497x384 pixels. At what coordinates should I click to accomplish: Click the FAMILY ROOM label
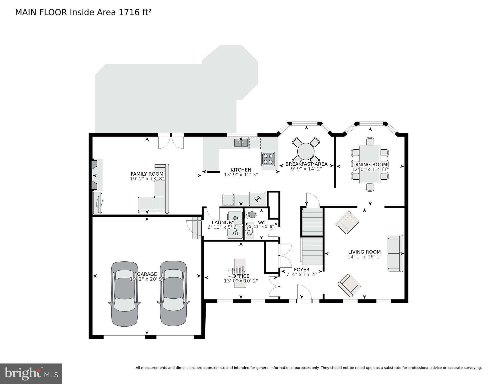click(x=147, y=174)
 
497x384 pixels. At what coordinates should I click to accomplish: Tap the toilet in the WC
click(x=251, y=215)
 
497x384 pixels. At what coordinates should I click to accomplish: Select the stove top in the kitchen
click(x=268, y=159)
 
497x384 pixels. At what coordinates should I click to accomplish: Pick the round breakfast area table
click(x=306, y=151)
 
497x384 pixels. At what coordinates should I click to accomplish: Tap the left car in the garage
click(x=125, y=294)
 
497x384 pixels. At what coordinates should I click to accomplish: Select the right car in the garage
click(x=173, y=294)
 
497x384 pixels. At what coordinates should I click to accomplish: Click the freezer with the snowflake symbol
click(x=257, y=199)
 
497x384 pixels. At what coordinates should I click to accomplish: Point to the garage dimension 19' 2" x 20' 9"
click(x=147, y=279)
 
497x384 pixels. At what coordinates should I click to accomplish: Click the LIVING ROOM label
click(x=364, y=252)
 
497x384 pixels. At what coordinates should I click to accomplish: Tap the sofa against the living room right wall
click(x=395, y=253)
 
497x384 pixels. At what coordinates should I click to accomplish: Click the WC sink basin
click(x=249, y=231)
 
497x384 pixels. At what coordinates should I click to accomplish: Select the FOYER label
click(x=301, y=270)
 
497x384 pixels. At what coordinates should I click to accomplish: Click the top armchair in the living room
click(x=347, y=222)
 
